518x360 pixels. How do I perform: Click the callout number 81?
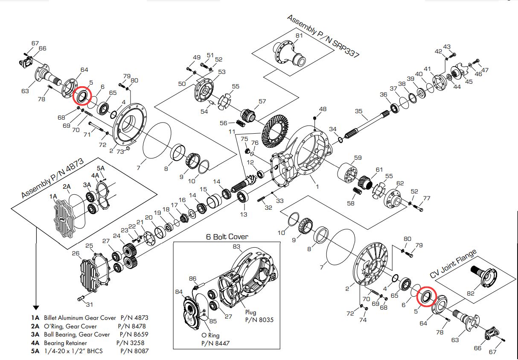pyautogui.click(x=299, y=35)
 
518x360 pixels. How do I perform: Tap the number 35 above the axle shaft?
pyautogui.click(x=359, y=111)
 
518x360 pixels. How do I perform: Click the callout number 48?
pyautogui.click(x=323, y=109)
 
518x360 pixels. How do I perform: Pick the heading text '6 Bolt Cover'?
pyautogui.click(x=227, y=237)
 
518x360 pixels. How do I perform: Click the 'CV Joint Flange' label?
pyautogui.click(x=453, y=264)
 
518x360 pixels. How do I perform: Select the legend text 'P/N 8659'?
pyautogui.click(x=134, y=334)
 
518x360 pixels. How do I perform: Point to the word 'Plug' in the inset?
pyautogui.click(x=251, y=313)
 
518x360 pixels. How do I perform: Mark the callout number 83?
pyautogui.click(x=236, y=246)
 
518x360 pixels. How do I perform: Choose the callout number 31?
pyautogui.click(x=89, y=304)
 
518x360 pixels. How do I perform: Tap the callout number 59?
pyautogui.click(x=358, y=158)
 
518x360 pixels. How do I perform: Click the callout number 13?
pyautogui.click(x=244, y=214)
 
